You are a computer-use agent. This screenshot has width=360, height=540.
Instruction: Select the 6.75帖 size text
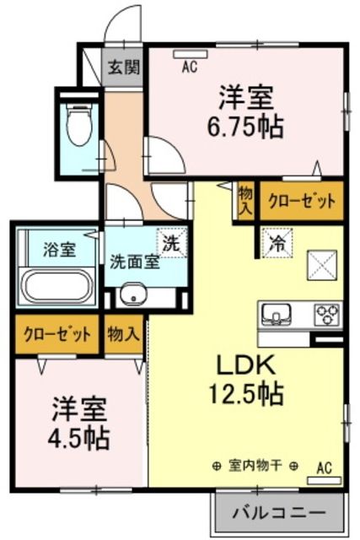click(x=247, y=127)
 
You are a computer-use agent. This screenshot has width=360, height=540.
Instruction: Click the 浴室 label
click(x=59, y=250)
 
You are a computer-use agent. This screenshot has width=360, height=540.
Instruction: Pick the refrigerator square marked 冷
click(x=274, y=244)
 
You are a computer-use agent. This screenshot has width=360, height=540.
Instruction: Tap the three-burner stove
click(x=325, y=314)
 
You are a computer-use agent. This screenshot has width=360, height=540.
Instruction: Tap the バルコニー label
click(x=278, y=512)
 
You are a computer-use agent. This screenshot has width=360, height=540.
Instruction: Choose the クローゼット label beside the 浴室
click(x=57, y=334)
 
